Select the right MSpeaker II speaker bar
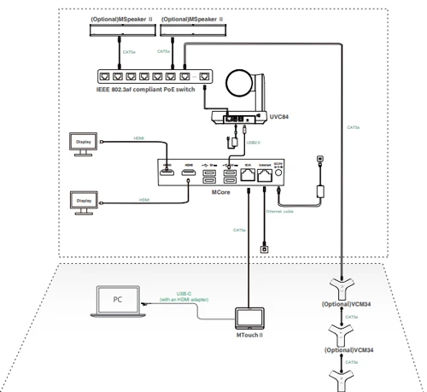[193, 30]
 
